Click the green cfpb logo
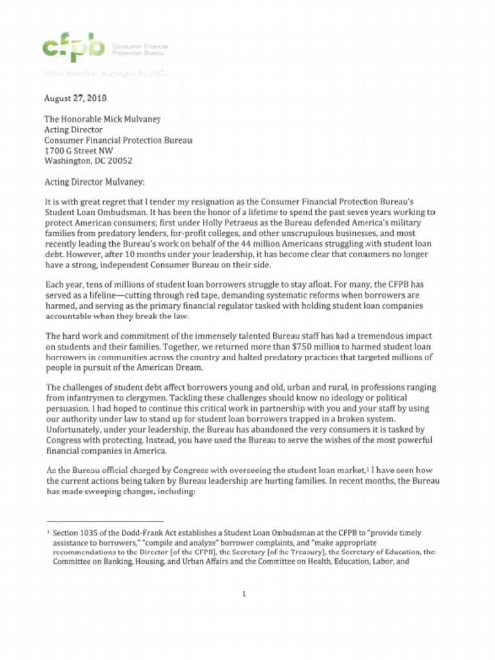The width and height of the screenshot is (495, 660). (72, 46)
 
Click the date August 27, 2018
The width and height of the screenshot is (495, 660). (75, 99)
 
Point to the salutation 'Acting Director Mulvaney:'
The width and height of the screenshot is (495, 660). (95, 182)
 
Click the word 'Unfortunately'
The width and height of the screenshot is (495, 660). (74, 429)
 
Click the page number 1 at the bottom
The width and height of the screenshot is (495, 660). (244, 594)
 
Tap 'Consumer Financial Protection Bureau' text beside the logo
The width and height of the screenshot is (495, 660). (140, 49)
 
